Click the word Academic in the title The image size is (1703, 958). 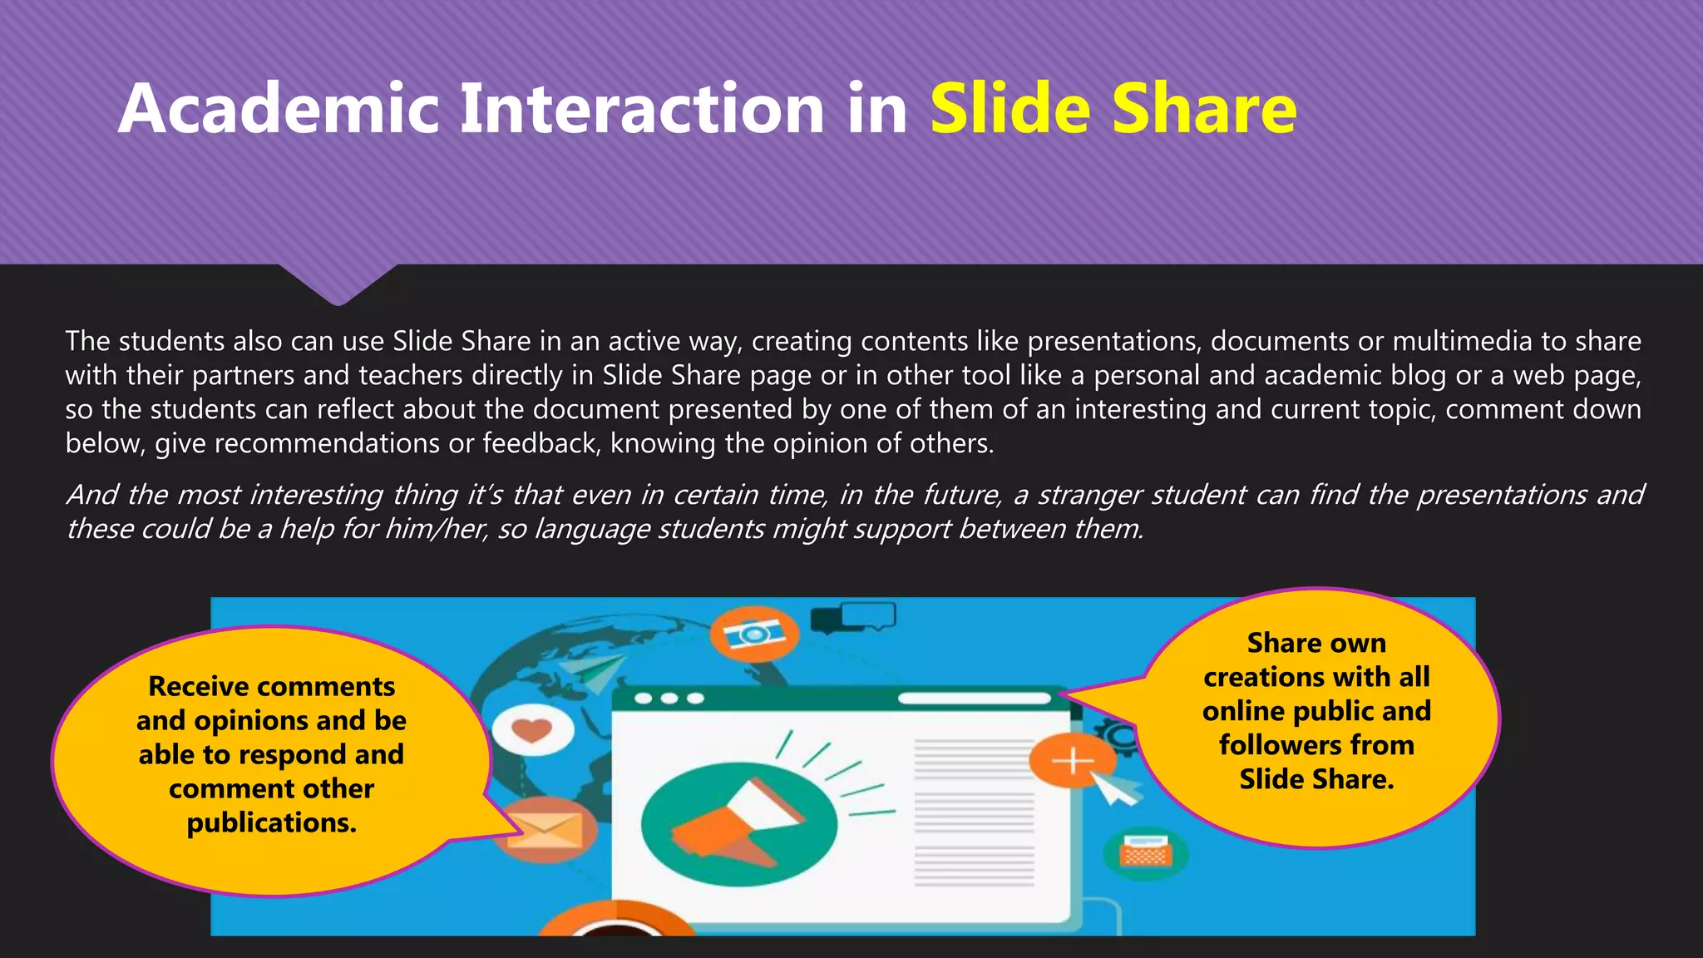279,109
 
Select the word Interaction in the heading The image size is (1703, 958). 641,109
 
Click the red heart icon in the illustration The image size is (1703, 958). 532,730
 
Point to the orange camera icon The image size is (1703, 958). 754,635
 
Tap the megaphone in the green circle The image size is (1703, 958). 736,823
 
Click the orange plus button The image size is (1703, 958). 1072,760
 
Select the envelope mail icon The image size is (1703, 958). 545,829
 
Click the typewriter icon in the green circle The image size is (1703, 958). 1145,852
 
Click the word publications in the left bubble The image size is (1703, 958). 271,822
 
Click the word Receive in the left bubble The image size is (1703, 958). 195,686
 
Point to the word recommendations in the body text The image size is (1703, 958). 327,443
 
